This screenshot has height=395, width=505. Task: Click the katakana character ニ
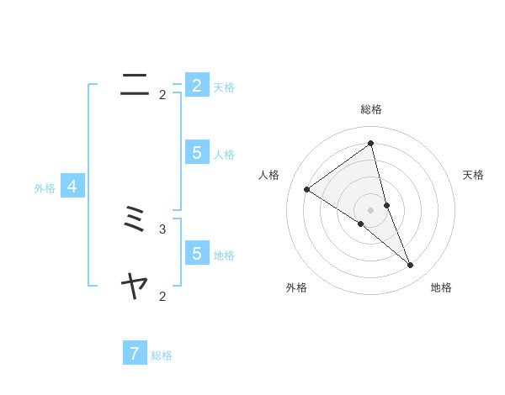pyautogui.click(x=135, y=82)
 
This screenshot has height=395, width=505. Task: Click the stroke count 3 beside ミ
pyautogui.click(x=162, y=229)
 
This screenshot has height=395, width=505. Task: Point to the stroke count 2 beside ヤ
pyautogui.click(x=162, y=296)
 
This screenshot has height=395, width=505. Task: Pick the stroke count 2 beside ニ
pyautogui.click(x=162, y=95)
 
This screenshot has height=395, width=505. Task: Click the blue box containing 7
pyautogui.click(x=135, y=354)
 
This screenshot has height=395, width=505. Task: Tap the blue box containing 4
pyautogui.click(x=72, y=187)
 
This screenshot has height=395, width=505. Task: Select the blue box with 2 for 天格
pyautogui.click(x=196, y=85)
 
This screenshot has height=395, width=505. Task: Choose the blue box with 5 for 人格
pyautogui.click(x=196, y=152)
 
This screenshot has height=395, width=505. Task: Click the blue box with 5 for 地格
pyautogui.click(x=196, y=253)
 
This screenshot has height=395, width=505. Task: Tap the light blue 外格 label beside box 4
pyautogui.click(x=45, y=188)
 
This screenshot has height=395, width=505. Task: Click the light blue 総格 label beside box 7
pyautogui.click(x=162, y=355)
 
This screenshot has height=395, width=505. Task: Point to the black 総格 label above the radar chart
pyautogui.click(x=371, y=109)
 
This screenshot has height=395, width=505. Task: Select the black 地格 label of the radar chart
pyautogui.click(x=441, y=288)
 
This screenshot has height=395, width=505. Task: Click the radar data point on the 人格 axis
pyautogui.click(x=306, y=189)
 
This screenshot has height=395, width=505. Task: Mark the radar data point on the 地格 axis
pyautogui.click(x=411, y=265)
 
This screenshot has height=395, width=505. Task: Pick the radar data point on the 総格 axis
pyautogui.click(x=371, y=142)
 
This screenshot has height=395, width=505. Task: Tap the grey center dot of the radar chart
pyautogui.click(x=371, y=209)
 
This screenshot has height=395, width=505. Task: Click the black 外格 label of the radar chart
pyautogui.click(x=296, y=288)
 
